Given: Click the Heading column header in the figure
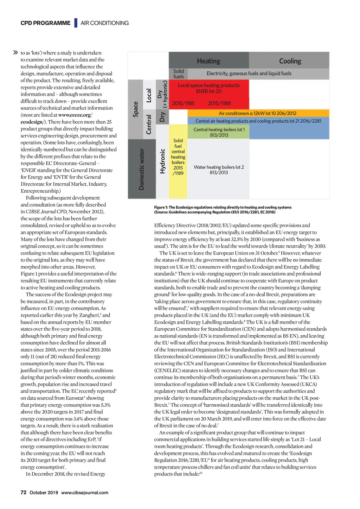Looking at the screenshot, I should coord(208,61).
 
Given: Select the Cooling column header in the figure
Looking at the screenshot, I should coord(290,61).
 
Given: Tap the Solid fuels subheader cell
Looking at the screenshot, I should coord(178,74).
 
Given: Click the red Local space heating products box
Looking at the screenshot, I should coord(208,88).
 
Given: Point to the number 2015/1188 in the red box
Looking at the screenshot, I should coord(219,103).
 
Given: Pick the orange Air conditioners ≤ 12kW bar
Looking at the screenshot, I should coord(257,113).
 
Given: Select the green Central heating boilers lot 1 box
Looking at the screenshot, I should coord(219,132).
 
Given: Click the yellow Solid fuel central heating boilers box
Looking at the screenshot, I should coord(178,157).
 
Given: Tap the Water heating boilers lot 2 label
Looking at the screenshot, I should coord(219,170).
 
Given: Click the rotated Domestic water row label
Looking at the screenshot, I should coord(141,169).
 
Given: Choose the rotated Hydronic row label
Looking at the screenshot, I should coord(162,161).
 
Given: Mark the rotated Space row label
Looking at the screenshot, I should coord(136,109).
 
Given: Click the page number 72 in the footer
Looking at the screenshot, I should coord(24,492).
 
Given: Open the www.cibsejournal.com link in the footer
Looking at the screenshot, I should coord(85,492).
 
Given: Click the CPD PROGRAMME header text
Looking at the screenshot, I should coord(45,23).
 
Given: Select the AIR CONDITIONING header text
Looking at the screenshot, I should coord(105,23).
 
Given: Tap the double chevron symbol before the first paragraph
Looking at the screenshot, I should coord(15,53).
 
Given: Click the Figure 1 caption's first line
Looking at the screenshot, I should coord(223,207).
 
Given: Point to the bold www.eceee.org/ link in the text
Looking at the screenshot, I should coord(76,115).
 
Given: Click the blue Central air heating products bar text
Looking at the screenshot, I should coord(258,121).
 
